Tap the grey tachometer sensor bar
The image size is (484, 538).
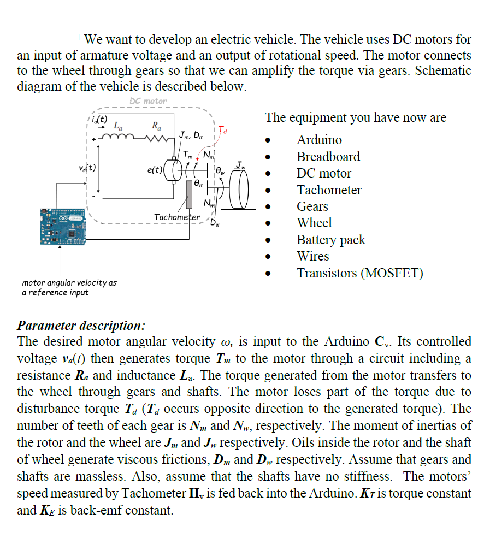pos(190,195)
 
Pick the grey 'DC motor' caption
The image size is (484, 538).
pos(148,101)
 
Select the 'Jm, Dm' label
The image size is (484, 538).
pos(191,134)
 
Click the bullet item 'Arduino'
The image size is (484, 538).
pos(319,140)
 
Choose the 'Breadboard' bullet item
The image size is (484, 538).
pos(328,157)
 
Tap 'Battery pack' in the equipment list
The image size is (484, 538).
pos(331,240)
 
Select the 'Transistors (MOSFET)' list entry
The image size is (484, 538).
pos(359,273)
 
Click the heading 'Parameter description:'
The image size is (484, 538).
pos(81,326)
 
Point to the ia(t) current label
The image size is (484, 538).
pos(99,119)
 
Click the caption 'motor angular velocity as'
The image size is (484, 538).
pos(69,283)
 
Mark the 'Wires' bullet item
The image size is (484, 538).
pos(313,256)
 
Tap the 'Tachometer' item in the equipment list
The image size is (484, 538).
pos(329,190)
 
